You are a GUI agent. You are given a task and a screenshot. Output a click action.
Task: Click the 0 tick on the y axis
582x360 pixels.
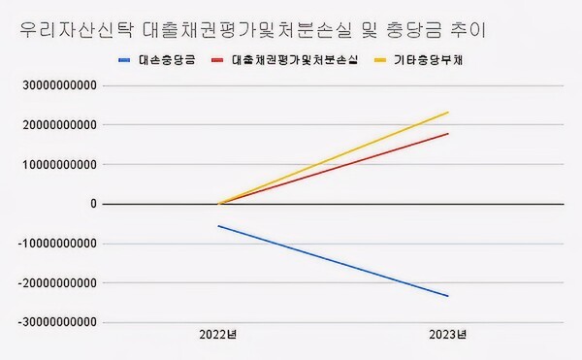(93, 204)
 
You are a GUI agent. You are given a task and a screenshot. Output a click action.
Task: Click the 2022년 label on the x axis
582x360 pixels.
(219, 336)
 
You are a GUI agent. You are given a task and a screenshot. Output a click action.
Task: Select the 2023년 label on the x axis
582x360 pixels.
(447, 336)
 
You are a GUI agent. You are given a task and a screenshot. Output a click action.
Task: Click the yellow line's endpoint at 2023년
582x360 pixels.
(448, 113)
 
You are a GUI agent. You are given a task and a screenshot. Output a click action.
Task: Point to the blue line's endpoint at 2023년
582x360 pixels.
(448, 296)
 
